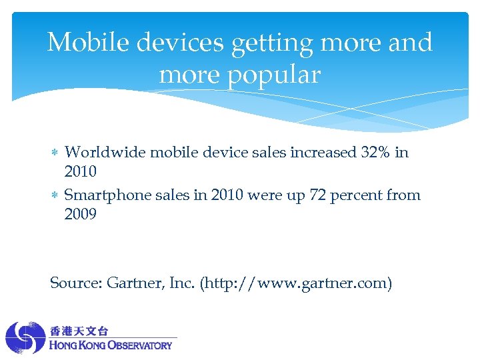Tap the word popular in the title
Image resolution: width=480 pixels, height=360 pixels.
coord(273,75)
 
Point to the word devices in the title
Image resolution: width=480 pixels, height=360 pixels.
coord(181,43)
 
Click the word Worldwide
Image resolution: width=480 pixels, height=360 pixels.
coord(106,153)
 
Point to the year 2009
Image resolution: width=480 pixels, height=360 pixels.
coord(80,215)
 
